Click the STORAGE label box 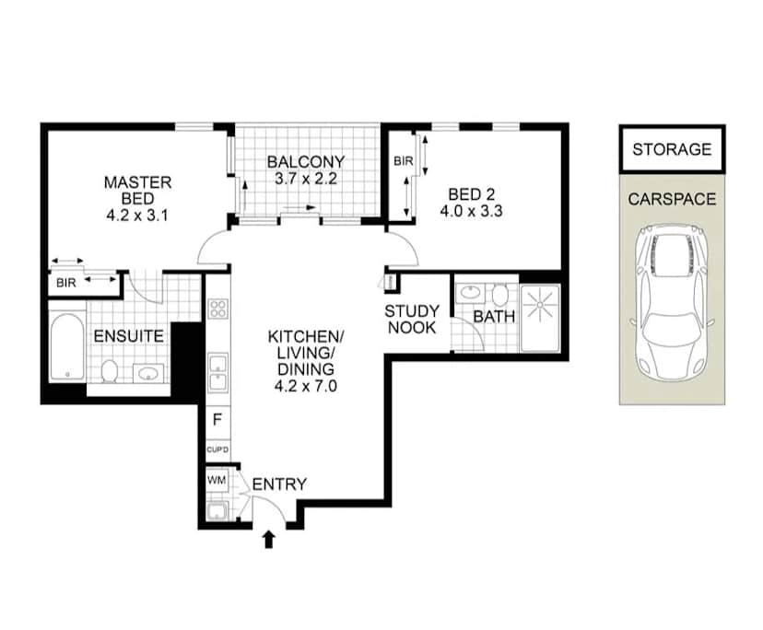tap(672, 149)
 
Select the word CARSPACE tap(672, 199)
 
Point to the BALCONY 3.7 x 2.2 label tap(306, 170)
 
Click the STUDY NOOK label tap(412, 320)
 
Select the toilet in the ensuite tap(109, 372)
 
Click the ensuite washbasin tap(148, 374)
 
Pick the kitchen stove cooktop tap(217, 309)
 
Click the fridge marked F tap(217, 419)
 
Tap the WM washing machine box tap(217, 480)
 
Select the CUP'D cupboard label tap(217, 450)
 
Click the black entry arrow tap(270, 538)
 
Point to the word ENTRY tap(279, 484)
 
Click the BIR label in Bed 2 tap(403, 161)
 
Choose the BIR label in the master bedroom tap(65, 283)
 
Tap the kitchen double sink tap(217, 372)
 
